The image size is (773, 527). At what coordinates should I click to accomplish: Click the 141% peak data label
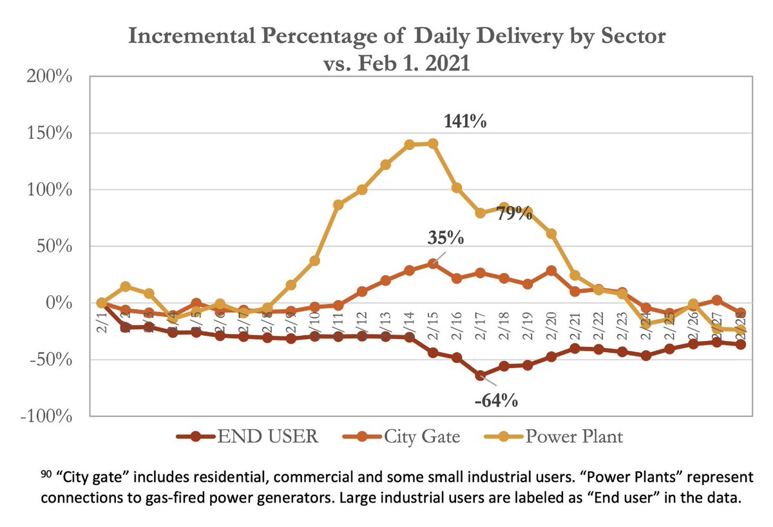tap(464, 121)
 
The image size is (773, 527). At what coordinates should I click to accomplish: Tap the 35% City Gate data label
tap(446, 238)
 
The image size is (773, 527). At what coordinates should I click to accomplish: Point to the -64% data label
tap(496, 401)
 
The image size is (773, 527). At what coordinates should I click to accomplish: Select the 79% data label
tap(513, 213)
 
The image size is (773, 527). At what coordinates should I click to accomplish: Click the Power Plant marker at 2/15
tap(433, 143)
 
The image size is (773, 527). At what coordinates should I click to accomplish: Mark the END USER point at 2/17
tap(480, 375)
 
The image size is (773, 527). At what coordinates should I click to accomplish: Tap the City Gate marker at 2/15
tap(433, 264)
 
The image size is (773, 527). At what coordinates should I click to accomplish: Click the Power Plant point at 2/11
tap(338, 205)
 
